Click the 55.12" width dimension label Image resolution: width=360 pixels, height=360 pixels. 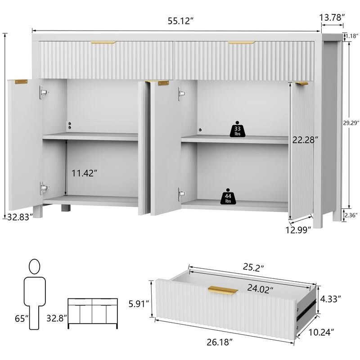click(x=179, y=21)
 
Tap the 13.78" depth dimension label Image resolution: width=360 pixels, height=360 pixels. click(x=332, y=18)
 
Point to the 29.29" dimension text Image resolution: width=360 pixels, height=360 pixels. click(x=351, y=123)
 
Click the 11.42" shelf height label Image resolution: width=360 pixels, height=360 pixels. click(x=83, y=173)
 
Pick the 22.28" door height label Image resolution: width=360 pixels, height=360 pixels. click(x=305, y=139)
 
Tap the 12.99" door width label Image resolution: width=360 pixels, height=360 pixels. click(x=298, y=229)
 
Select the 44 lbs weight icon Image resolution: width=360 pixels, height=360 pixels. click(x=228, y=197)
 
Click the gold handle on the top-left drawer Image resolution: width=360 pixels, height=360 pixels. click(x=103, y=42)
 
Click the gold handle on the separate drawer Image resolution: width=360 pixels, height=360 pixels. click(x=222, y=290)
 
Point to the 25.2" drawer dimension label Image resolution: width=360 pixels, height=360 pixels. click(x=253, y=268)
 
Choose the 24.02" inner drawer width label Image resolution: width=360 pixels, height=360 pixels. click(x=260, y=289)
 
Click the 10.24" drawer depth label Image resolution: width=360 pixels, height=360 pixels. click(x=321, y=332)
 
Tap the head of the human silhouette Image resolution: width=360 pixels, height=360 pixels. click(x=35, y=266)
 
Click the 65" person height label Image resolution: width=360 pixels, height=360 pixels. click(x=22, y=319)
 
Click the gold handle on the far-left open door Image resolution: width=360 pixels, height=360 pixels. click(x=21, y=82)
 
